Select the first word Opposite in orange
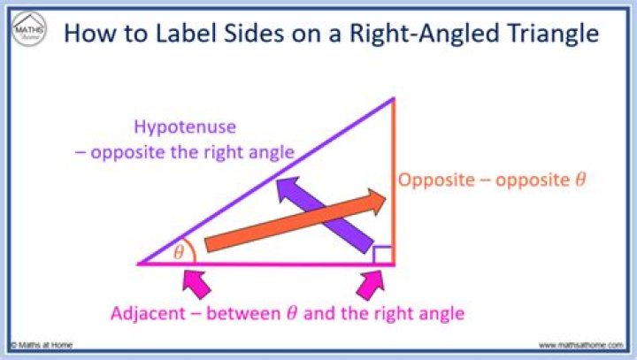coord(434,180)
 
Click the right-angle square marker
coord(382,255)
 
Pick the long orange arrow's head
coord(379,201)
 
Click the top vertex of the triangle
coord(393,98)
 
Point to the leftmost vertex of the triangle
coord(140,264)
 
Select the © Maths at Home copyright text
coord(42,345)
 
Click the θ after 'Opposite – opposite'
coord(580,180)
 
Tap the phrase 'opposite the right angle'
coord(190,152)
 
